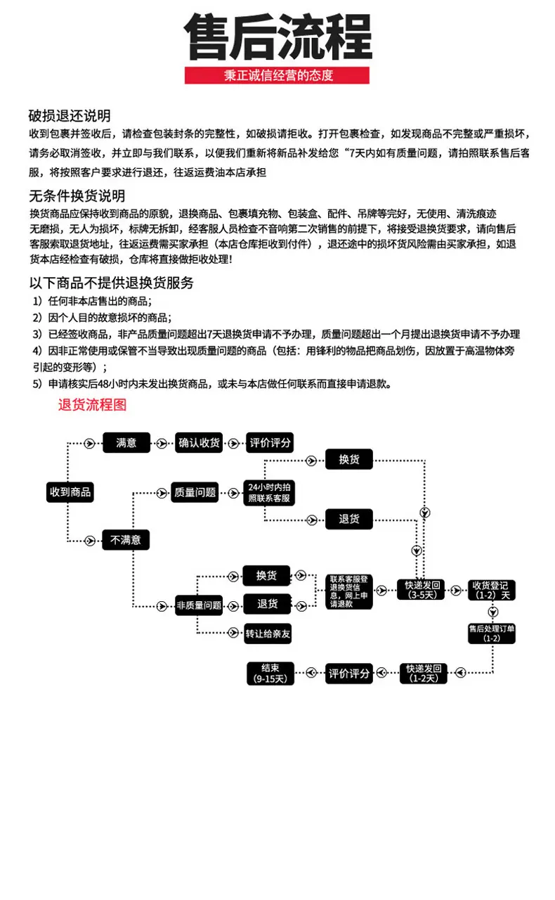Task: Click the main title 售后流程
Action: click(278, 37)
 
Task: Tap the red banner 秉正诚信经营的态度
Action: click(277, 75)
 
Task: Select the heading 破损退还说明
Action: click(70, 116)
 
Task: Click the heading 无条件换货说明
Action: click(77, 196)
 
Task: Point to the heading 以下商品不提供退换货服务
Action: click(112, 283)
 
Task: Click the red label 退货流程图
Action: click(92, 404)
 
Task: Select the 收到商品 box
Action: click(70, 491)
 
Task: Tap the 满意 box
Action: click(126, 443)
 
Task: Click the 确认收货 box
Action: click(199, 443)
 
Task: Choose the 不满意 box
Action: click(126, 539)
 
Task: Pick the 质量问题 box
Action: click(195, 492)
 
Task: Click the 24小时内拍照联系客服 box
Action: click(269, 493)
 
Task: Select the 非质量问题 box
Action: click(199, 605)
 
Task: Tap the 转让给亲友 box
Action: click(268, 634)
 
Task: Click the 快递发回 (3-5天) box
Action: click(421, 590)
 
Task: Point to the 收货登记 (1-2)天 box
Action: click(492, 590)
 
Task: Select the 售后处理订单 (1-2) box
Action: click(492, 634)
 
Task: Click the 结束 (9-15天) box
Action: click(270, 674)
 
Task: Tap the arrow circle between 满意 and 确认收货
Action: click(162, 444)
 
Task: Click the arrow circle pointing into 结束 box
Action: click(311, 673)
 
